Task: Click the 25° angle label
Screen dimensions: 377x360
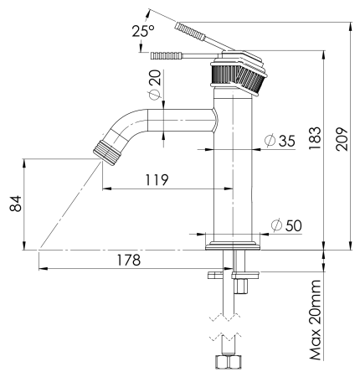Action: coord(142,30)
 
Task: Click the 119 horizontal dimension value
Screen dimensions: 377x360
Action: coord(155,179)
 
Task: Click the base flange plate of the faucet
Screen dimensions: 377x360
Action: coord(234,246)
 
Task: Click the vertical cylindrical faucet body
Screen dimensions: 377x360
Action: coord(234,168)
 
